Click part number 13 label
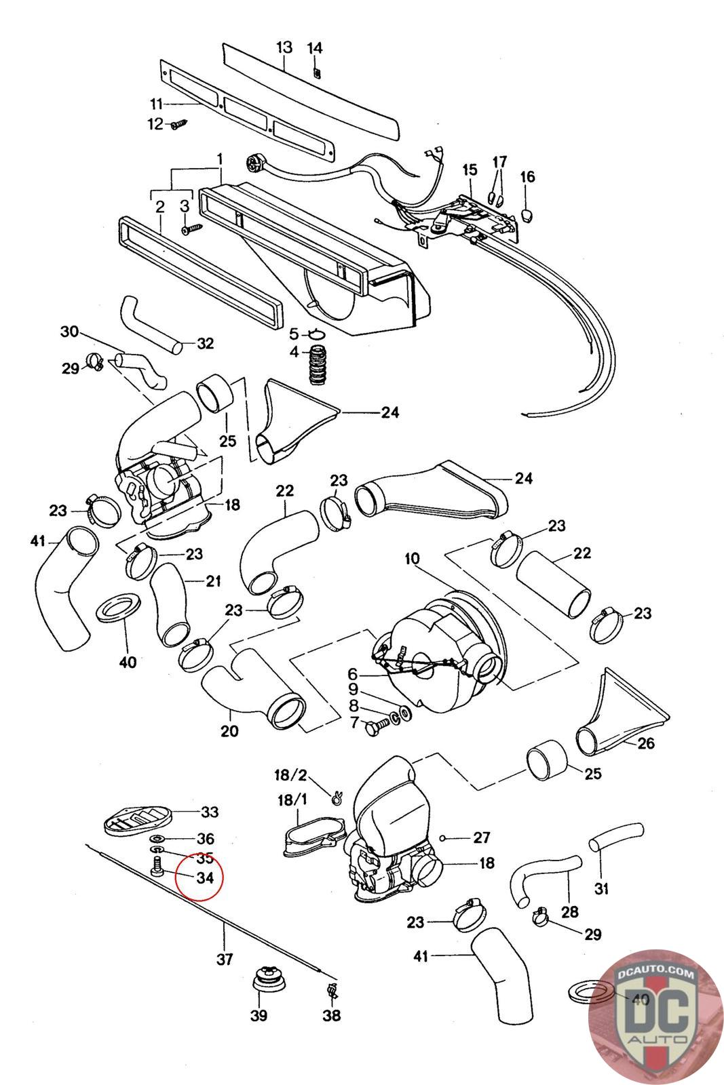click(284, 47)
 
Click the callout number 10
click(412, 559)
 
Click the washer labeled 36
click(157, 838)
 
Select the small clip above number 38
click(332, 989)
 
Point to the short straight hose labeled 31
click(616, 837)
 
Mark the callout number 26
click(646, 743)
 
